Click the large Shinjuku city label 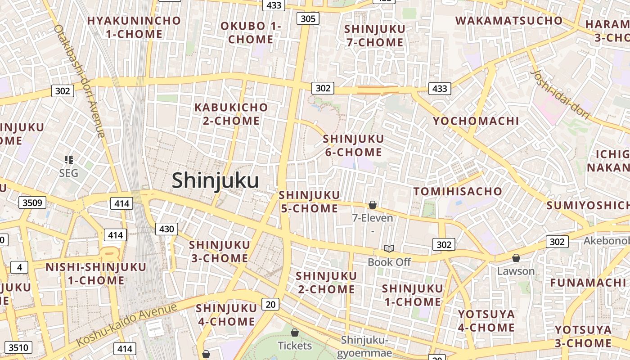215,181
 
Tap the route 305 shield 308,18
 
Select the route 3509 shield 32,202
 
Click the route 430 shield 166,229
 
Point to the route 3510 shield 18,347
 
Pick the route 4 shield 19,267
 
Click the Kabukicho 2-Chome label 231,114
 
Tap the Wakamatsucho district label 509,21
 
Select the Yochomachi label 476,121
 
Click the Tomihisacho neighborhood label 458,191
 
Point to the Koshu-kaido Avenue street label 127,324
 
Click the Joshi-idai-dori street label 560,94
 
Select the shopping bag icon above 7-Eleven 373,205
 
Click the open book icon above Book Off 389,248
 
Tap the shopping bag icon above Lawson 516,258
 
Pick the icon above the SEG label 68,159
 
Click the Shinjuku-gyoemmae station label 364,346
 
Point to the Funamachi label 588,283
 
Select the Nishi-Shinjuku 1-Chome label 96,274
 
